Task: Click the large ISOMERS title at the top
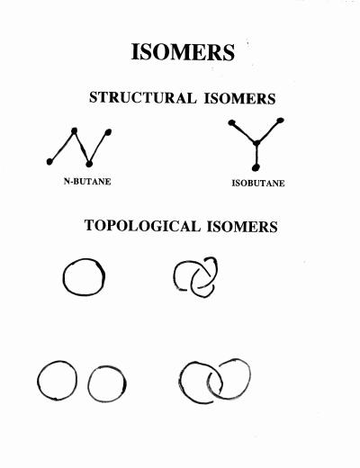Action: tap(183, 52)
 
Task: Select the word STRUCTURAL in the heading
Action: tap(143, 98)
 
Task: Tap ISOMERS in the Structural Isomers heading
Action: tap(239, 99)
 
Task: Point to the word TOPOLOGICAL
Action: tap(142, 226)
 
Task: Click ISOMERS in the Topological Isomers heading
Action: tap(242, 227)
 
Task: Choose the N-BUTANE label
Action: tap(87, 181)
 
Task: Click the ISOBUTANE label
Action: tap(258, 183)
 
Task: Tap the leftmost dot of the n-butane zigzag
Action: tap(49, 162)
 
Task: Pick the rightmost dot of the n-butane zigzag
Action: tap(108, 132)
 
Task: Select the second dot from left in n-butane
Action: tap(75, 130)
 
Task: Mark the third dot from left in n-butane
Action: tap(89, 164)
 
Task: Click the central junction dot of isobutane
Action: tap(256, 143)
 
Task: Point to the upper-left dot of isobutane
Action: tap(231, 122)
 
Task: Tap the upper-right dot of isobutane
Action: tap(280, 121)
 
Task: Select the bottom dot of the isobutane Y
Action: tap(256, 167)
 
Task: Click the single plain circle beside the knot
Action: tap(64, 277)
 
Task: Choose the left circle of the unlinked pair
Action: tap(38, 381)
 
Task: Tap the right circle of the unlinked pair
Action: tap(88, 384)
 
